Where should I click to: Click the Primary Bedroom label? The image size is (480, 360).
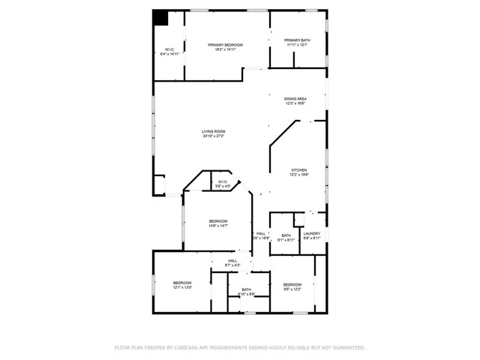pyautogui.click(x=225, y=45)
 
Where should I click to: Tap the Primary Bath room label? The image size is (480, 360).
pyautogui.click(x=296, y=40)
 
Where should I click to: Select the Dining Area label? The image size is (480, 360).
pyautogui.click(x=295, y=99)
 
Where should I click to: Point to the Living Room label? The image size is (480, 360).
pyautogui.click(x=213, y=131)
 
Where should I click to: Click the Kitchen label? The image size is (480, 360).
pyautogui.click(x=299, y=170)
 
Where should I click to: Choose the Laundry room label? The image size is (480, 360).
pyautogui.click(x=312, y=233)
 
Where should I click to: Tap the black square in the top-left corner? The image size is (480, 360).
pyautogui.click(x=160, y=17)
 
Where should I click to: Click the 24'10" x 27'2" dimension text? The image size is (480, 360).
pyautogui.click(x=213, y=136)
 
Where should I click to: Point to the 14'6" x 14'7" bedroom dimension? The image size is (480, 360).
pyautogui.click(x=217, y=226)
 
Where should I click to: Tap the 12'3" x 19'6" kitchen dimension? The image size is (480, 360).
pyautogui.click(x=299, y=175)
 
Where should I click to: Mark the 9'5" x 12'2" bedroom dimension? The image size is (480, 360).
pyautogui.click(x=292, y=289)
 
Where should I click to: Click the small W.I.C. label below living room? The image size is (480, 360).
pyautogui.click(x=223, y=181)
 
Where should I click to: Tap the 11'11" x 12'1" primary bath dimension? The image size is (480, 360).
pyautogui.click(x=296, y=45)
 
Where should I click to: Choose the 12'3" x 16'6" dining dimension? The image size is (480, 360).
pyautogui.click(x=295, y=103)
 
